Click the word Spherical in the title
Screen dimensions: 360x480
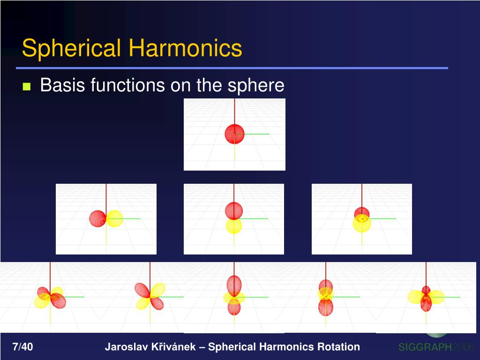72,49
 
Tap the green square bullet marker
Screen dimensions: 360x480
27,87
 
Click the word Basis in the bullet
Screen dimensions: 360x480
62,85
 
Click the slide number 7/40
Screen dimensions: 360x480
22,347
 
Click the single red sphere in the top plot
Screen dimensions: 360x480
234,134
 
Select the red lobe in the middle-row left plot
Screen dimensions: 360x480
97,218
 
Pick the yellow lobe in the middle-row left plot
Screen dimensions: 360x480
114,218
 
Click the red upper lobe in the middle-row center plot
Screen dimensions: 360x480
234,210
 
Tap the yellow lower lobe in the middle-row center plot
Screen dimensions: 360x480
234,226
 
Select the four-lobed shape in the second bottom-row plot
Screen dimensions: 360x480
150,297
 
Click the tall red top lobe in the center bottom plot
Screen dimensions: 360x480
234,285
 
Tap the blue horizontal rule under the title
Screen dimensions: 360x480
234,68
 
